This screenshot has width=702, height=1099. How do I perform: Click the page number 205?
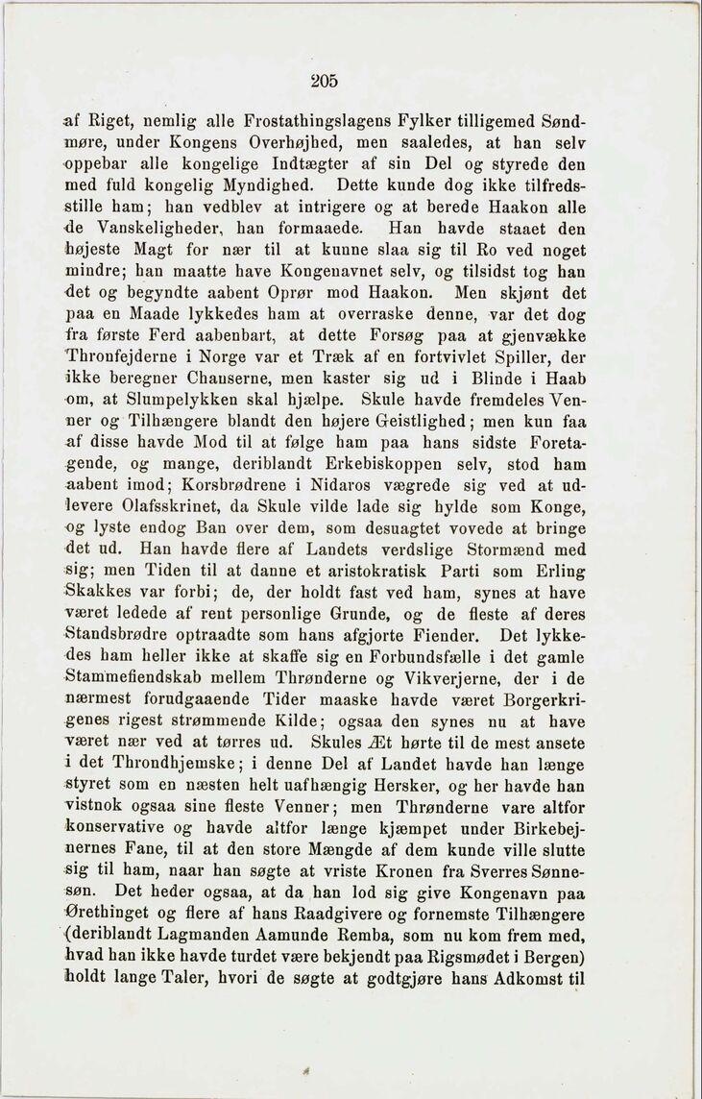pos(324,81)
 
